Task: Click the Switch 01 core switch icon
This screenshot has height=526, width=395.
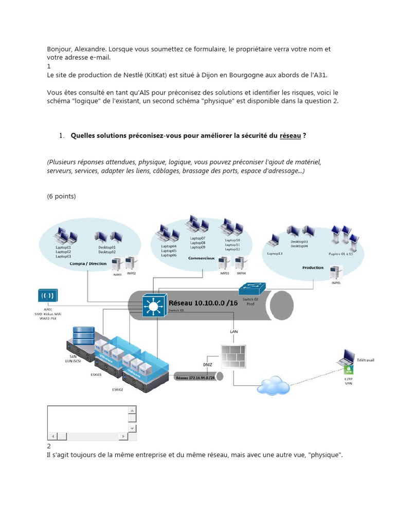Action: coord(153,306)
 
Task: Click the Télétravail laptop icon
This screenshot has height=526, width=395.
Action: coord(349,356)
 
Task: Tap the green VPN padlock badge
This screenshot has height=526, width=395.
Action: coord(349,370)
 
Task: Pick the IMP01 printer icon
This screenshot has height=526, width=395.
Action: coord(117,264)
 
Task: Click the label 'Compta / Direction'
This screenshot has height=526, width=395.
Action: coord(88,264)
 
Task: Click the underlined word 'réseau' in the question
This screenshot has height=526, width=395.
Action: coord(290,136)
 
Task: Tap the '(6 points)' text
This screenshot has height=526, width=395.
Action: coord(61,196)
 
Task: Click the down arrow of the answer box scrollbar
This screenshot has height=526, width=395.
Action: coord(133,427)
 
